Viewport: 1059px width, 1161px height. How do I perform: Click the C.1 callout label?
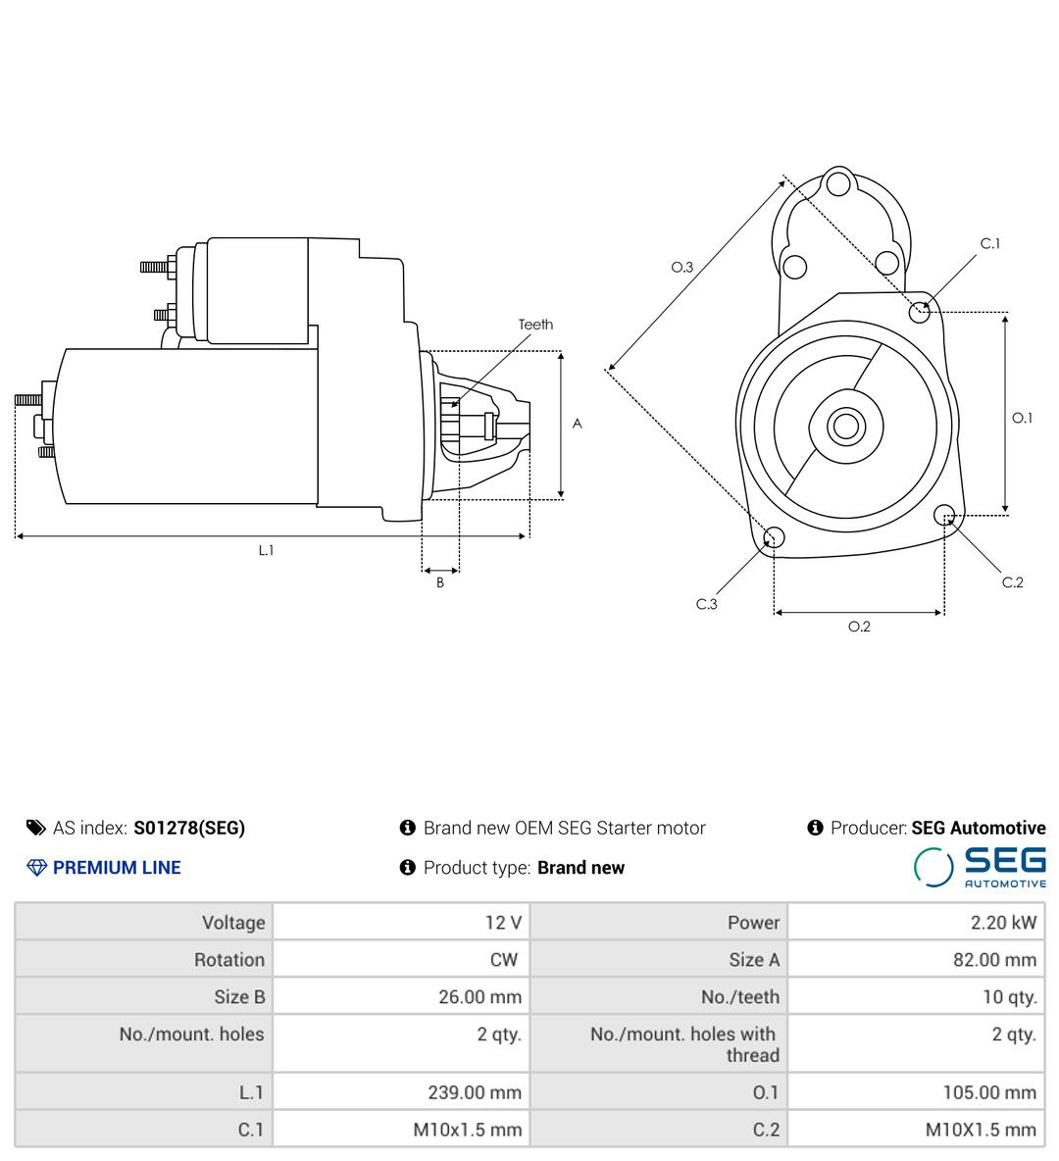pos(989,243)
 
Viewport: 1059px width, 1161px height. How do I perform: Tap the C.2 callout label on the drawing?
pos(1012,582)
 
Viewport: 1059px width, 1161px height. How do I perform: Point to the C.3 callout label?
pos(707,604)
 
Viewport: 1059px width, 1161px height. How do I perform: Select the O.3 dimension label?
pos(682,267)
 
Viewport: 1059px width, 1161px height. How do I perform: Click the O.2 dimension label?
pos(859,627)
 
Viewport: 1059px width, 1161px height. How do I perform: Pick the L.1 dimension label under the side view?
pos(266,550)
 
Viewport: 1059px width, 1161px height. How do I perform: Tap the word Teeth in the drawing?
pos(535,325)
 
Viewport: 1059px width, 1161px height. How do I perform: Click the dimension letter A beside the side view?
pos(578,424)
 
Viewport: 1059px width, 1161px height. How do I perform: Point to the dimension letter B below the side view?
pos(440,582)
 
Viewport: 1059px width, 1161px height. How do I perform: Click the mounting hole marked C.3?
pos(773,536)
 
